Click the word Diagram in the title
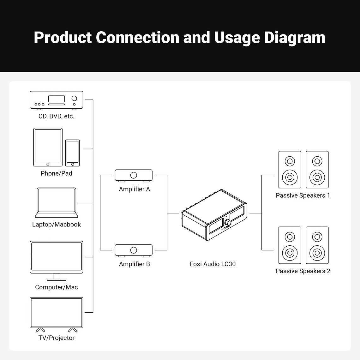[294, 38]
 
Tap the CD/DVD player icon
[57, 100]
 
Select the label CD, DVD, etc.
[57, 116]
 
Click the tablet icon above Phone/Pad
[48, 147]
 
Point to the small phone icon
[73, 153]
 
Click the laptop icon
[57, 202]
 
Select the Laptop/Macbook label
[57, 225]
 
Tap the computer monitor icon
[57, 258]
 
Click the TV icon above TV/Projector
[57, 313]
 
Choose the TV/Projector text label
[57, 338]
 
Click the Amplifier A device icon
[134, 175]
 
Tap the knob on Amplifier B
[134, 250]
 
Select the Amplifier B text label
[135, 264]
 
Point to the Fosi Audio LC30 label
[213, 264]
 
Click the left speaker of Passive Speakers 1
[290, 170]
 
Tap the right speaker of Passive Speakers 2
[317, 245]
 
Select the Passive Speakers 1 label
[303, 195]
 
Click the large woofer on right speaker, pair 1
[317, 177]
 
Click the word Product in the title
[63, 38]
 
